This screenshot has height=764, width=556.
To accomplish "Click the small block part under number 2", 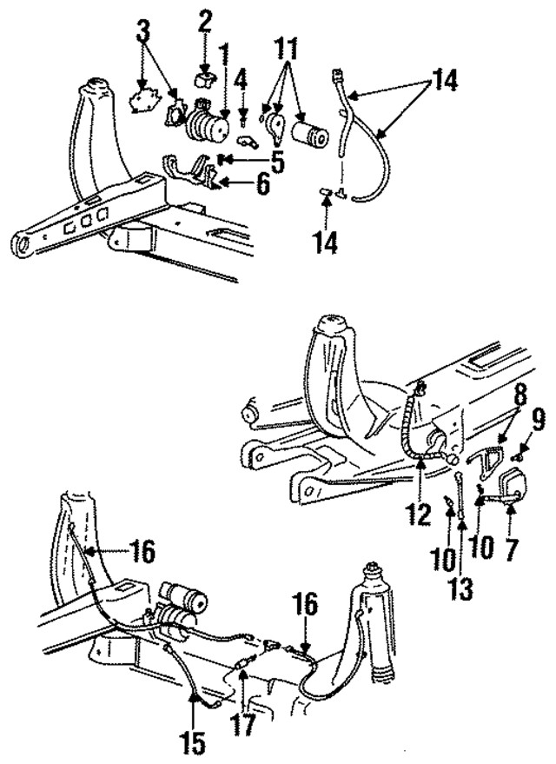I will coord(205,79).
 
